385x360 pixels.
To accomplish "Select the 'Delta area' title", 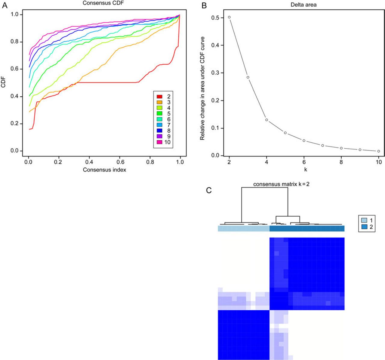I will pos(303,5).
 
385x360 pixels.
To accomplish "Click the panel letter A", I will pos(5,5).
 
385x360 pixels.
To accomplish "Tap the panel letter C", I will pos(209,190).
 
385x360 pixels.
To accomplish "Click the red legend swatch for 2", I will pos(159,97).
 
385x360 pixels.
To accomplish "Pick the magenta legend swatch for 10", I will pos(159,142).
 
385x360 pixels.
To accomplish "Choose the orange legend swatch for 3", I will pos(159,102).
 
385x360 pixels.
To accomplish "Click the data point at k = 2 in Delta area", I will pos(229,17).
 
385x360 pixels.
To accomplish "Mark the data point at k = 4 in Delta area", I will pos(266,120).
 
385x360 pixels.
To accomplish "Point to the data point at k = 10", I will pos(379,151).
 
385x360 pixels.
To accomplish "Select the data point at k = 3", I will pos(248,77).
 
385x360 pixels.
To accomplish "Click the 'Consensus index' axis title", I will pos(104,170).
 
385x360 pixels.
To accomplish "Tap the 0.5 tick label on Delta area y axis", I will pos(215,18).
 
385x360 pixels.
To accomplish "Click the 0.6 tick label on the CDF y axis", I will pos(14,69).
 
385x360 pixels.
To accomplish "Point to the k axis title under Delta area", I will pos(305,170).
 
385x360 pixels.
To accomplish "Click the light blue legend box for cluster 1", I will pos(364,220).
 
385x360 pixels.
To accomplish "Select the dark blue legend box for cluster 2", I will pos(364,227).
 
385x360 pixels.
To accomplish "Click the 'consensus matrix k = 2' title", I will pos(281,184).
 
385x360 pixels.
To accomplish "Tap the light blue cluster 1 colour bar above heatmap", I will pos(244,228).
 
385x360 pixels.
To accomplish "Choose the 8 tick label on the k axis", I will pos(341,162).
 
